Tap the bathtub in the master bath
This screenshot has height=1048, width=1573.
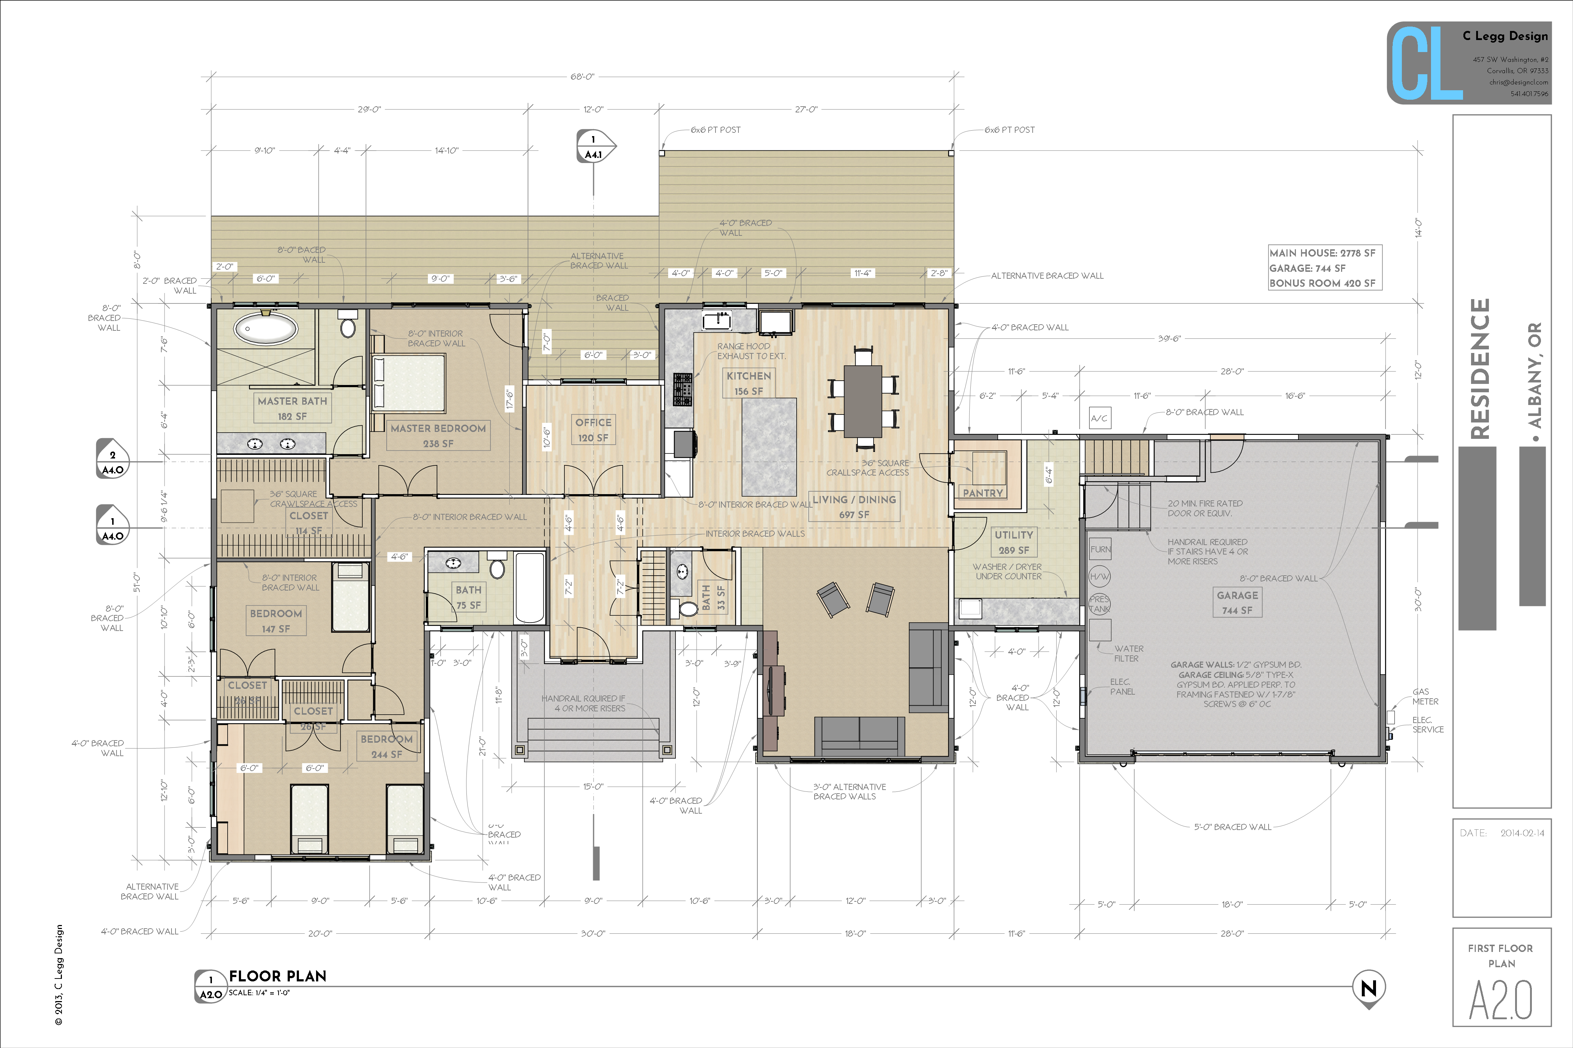tap(265, 328)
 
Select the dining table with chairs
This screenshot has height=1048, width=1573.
tap(863, 400)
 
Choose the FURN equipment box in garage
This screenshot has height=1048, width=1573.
tap(1100, 549)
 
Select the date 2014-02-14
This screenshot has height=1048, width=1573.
tap(1522, 833)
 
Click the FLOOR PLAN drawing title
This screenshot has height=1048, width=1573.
tap(277, 976)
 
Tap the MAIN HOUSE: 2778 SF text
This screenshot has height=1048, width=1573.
tap(1322, 253)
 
